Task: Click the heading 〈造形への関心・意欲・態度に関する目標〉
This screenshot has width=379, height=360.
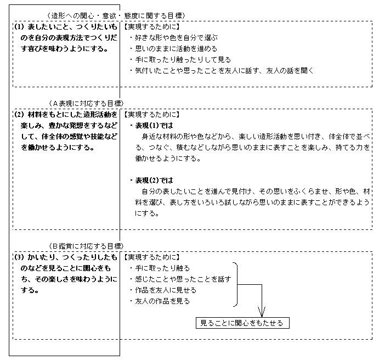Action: [x=117, y=16]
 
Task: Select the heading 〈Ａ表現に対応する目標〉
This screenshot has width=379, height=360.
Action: [x=86, y=104]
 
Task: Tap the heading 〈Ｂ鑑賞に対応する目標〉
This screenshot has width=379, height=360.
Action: [x=86, y=246]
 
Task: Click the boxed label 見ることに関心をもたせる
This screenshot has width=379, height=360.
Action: [x=242, y=323]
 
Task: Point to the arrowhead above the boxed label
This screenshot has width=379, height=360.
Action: [x=262, y=312]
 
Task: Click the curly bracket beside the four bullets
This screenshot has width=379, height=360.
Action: [x=236, y=285]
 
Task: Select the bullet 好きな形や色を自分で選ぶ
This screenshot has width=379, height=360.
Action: [x=173, y=37]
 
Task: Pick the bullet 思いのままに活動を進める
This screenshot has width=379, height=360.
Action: [x=173, y=49]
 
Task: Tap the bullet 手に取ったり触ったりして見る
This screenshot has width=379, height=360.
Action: [x=180, y=60]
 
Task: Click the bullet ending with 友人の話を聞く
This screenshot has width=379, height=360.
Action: [x=222, y=71]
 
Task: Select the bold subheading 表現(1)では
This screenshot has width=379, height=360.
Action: [x=152, y=126]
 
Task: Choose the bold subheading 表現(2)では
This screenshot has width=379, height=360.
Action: [x=152, y=181]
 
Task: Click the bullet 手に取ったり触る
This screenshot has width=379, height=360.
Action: [x=160, y=268]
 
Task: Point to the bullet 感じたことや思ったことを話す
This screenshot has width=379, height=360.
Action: [x=180, y=279]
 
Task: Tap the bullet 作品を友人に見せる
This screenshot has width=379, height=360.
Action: [x=163, y=290]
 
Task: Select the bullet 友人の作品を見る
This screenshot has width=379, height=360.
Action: [x=160, y=301]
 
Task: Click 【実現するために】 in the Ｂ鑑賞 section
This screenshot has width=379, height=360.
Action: [x=151, y=257]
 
